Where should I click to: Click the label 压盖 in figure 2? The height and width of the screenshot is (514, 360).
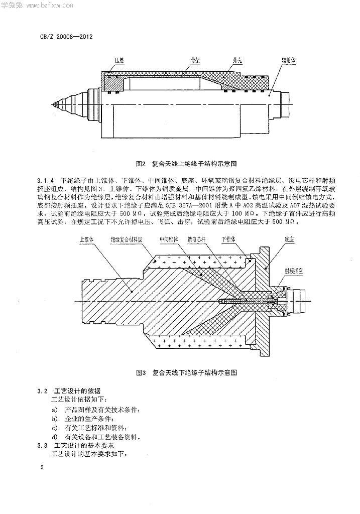(118, 60)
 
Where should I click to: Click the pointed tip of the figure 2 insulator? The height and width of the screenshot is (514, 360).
(52, 104)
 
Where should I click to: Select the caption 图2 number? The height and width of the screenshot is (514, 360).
(141, 164)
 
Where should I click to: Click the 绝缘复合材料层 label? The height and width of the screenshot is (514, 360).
(127, 240)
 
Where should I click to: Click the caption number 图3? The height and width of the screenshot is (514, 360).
(141, 373)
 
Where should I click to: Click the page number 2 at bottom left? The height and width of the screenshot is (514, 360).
(42, 468)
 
